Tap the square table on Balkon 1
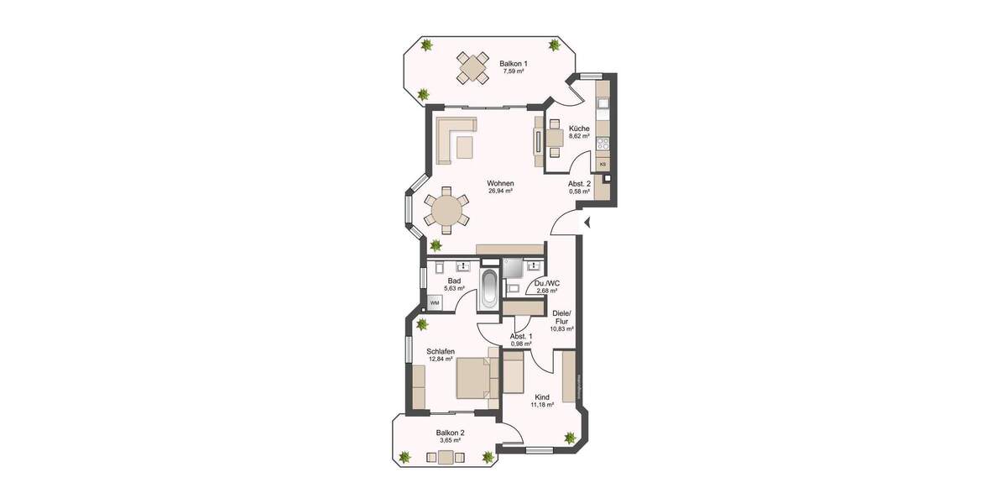coord(473,67)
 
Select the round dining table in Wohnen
coord(446,210)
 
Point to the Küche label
coord(579,129)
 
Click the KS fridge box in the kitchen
coord(603,164)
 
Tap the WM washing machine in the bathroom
coord(435,302)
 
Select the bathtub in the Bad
coord(489,289)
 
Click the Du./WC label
coord(547,283)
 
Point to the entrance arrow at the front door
coord(587,223)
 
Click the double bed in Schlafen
coord(473,377)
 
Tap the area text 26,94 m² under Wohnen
coord(500,191)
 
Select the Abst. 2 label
coord(579,183)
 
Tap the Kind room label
coord(541,397)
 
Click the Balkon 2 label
coord(450,433)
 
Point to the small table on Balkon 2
coord(446,458)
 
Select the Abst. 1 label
coord(522,336)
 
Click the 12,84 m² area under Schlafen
coord(441,360)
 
